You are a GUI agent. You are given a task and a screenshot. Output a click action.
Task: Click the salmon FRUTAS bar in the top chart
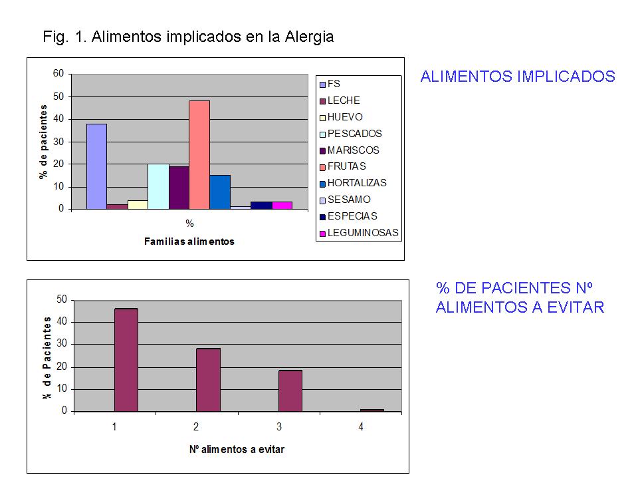199,155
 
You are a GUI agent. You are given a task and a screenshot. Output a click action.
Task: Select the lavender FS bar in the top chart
97,166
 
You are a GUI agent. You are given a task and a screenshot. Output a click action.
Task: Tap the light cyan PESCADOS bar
158,186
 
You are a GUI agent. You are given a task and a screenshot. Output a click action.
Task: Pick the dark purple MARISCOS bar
179,188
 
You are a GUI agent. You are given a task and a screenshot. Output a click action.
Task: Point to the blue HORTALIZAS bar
220,192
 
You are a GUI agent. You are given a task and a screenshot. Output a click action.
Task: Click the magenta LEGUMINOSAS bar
282,206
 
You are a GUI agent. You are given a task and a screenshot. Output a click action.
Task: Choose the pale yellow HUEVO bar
138,204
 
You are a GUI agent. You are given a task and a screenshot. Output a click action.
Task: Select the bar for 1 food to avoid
126,360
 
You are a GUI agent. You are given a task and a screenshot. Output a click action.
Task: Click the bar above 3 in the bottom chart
290,391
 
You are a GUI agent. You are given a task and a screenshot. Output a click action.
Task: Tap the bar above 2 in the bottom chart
208,380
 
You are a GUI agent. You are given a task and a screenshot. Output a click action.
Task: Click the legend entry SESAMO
345,200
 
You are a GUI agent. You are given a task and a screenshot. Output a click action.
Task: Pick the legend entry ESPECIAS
348,216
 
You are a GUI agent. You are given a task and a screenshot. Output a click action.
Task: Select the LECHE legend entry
340,100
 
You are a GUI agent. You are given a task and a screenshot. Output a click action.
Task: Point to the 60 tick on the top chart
58,73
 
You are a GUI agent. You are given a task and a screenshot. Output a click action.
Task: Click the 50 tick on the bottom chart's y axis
62,299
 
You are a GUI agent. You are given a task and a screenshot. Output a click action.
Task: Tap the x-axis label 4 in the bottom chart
361,427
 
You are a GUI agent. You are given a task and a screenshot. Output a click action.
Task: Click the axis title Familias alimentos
189,241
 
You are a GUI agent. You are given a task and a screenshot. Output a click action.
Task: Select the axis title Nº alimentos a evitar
237,449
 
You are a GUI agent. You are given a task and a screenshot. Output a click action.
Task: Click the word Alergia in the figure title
309,37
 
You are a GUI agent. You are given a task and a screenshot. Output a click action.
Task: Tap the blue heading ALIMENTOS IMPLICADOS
518,77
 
